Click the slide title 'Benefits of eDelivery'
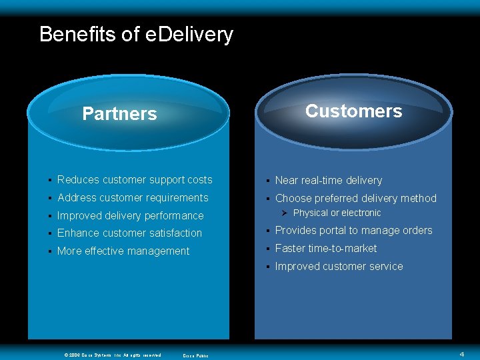pyautogui.click(x=136, y=34)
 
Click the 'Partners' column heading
pyautogui.click(x=119, y=114)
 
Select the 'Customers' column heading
pyautogui.click(x=353, y=111)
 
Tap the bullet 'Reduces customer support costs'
pyautogui.click(x=135, y=180)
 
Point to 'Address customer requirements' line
pyautogui.click(x=133, y=198)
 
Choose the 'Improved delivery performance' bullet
pyautogui.click(x=130, y=216)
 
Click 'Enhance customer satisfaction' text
pyautogui.click(x=129, y=233)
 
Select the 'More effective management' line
pyautogui.click(x=123, y=251)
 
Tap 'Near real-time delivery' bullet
pyautogui.click(x=328, y=181)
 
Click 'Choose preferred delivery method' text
pyautogui.click(x=355, y=199)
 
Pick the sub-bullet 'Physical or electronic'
pyautogui.click(x=337, y=213)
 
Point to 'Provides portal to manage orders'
pyautogui.click(x=353, y=231)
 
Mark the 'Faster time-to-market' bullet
pyautogui.click(x=326, y=249)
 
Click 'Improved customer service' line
pyautogui.click(x=339, y=267)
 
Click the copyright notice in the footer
pyautogui.click(x=112, y=355)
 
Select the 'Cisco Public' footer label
pyautogui.click(x=195, y=355)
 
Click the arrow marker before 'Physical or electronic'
pyautogui.click(x=284, y=213)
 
